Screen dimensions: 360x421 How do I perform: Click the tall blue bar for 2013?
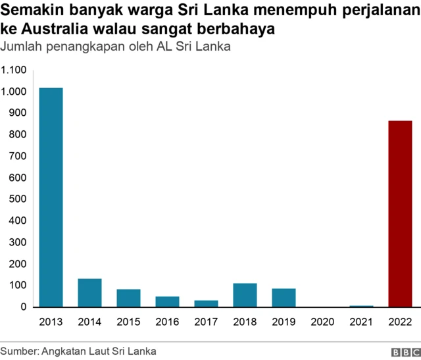coord(51,197)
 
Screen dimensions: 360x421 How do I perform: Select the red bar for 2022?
coord(400,214)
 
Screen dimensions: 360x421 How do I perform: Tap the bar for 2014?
coord(89,293)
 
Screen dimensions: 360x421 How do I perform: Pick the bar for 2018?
coord(245,295)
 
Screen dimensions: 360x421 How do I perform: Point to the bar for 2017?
coord(206,303)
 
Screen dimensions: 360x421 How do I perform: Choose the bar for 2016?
coord(167,301)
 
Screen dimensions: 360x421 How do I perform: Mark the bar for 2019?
coord(284,297)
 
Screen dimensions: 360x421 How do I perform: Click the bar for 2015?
coord(128,298)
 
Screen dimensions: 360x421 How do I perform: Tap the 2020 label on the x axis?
coord(322,322)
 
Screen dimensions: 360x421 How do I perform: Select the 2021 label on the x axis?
coord(361,322)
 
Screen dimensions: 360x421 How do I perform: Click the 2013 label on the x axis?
coord(51,322)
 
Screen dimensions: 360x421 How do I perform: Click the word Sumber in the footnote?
coord(18,350)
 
